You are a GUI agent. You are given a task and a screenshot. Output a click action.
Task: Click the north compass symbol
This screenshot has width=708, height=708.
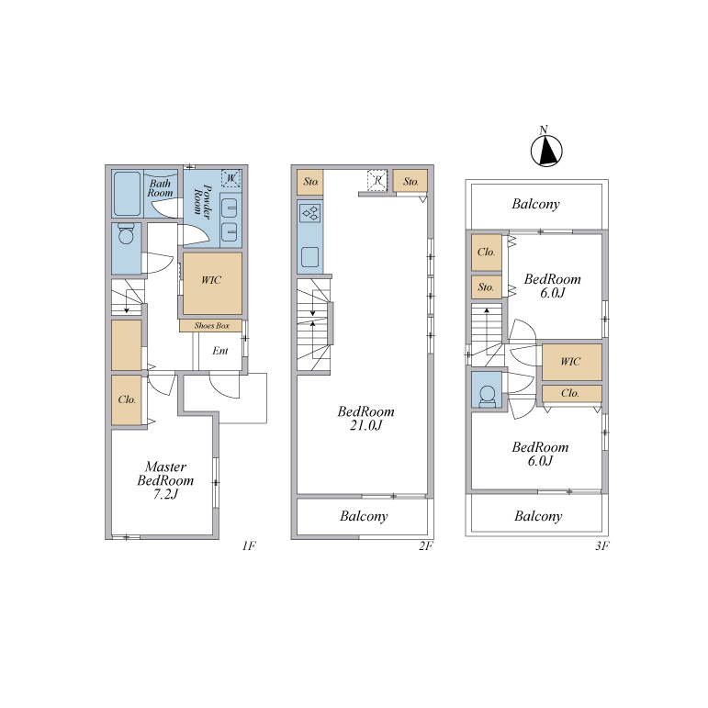[546, 149]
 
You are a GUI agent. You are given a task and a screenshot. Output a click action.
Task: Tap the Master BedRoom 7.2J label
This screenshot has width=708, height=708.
[165, 480]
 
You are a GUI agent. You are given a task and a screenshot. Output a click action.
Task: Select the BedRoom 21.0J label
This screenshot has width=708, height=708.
[365, 418]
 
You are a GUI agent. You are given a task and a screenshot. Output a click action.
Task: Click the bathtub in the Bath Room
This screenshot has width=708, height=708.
[127, 194]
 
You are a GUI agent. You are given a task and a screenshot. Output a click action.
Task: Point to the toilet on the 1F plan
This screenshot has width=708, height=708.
[125, 234]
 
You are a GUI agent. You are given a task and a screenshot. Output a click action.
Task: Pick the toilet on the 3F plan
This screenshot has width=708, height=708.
[487, 397]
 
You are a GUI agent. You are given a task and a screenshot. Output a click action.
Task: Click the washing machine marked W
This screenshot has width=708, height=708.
[230, 178]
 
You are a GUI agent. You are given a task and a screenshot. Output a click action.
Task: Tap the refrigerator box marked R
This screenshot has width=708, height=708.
[377, 180]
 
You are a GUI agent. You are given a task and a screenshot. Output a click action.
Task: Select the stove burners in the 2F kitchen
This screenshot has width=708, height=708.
[310, 213]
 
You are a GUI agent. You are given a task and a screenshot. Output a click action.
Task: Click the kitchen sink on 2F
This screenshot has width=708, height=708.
[310, 257]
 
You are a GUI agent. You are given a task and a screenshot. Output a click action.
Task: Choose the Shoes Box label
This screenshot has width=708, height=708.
[212, 326]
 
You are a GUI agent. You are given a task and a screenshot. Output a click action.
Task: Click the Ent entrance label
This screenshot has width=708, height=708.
[220, 351]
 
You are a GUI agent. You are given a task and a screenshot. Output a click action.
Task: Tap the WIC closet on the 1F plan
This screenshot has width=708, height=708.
[212, 284]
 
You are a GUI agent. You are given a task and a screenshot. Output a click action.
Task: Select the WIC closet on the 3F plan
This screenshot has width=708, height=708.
[572, 362]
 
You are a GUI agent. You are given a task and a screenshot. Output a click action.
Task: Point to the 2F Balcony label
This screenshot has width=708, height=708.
[364, 516]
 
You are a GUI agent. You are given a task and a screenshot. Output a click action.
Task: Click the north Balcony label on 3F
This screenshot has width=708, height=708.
[536, 204]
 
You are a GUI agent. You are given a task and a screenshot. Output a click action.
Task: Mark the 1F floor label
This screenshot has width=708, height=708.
[249, 545]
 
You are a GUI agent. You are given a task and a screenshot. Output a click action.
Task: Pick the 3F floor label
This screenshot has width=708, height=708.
[602, 545]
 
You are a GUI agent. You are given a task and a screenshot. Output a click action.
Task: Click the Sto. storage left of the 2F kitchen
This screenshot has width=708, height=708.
[310, 183]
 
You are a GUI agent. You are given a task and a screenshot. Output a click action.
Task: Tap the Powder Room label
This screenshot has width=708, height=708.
[201, 200]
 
